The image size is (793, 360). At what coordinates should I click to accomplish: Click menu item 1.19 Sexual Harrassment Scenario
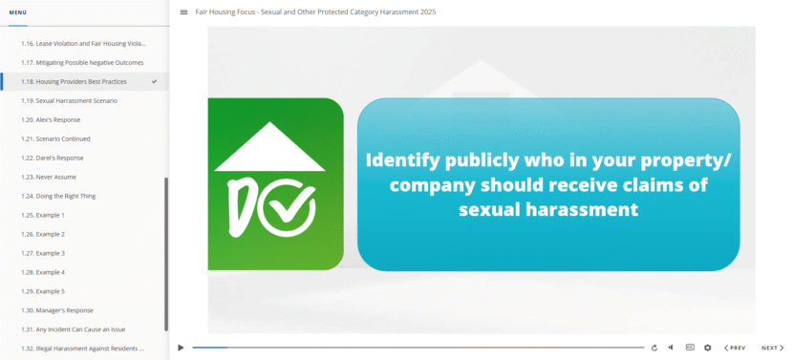69,100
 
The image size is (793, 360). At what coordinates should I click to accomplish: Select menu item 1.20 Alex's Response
51,119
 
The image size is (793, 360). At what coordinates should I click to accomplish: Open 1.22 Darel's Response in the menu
53,158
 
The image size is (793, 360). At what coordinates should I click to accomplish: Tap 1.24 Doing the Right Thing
58,196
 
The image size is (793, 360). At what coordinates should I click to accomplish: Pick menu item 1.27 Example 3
43,253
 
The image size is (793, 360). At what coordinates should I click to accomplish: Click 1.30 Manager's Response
57,310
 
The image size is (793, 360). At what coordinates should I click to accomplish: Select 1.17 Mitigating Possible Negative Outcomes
82,62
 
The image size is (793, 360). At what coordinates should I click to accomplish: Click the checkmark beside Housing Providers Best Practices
155,81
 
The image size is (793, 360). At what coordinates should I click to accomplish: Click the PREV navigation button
735,348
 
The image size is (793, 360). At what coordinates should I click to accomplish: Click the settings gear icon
708,348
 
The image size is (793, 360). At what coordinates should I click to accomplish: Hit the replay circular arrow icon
654,348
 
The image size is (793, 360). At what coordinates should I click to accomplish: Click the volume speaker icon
671,348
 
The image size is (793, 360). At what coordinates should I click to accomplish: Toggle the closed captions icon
690,348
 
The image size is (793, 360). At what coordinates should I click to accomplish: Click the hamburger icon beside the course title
183,12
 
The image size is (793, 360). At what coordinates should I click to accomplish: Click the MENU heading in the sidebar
18,12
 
